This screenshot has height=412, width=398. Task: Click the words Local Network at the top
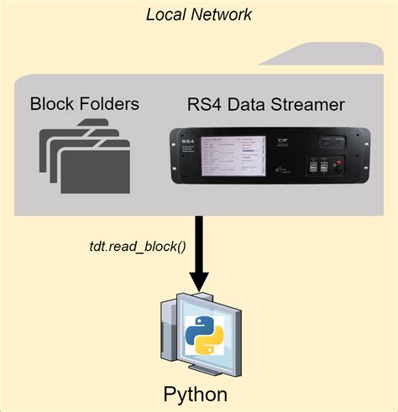[199, 14]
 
